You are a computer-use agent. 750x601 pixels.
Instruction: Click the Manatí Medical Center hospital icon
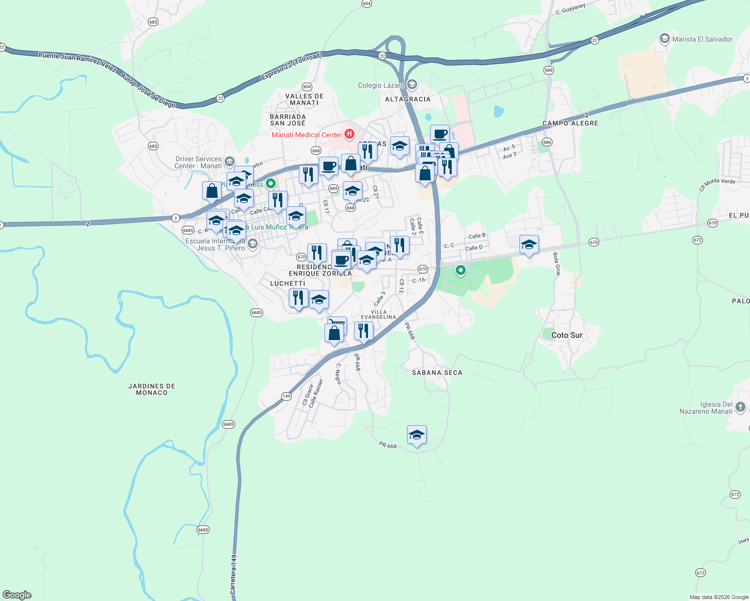pyautogui.click(x=349, y=134)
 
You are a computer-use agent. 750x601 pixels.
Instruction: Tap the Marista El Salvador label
pyautogui.click(x=702, y=39)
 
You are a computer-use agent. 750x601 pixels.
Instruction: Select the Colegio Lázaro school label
pyautogui.click(x=381, y=86)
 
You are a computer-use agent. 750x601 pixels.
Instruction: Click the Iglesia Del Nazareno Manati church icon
pyautogui.click(x=740, y=407)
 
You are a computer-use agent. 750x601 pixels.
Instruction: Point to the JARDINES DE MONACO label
pyautogui.click(x=151, y=389)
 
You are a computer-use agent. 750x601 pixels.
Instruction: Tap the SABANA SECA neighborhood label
pyautogui.click(x=437, y=373)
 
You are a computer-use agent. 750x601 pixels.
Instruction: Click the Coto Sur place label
pyautogui.click(x=567, y=335)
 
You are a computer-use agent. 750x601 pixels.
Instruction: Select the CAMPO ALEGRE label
pyautogui.click(x=570, y=123)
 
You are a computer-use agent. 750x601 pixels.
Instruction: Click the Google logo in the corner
pyautogui.click(x=17, y=595)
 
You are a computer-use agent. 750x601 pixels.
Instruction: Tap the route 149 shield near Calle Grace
pyautogui.click(x=286, y=396)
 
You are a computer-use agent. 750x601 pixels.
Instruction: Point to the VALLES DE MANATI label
pyautogui.click(x=304, y=99)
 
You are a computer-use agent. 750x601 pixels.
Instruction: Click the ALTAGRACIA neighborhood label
pyautogui.click(x=408, y=99)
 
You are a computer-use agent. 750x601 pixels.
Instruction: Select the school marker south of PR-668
pyautogui.click(x=417, y=435)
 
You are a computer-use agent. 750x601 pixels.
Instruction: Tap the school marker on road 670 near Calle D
pyautogui.click(x=529, y=244)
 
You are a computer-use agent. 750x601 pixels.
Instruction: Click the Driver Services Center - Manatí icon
pyautogui.click(x=230, y=161)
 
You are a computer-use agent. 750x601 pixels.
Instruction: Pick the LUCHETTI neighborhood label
pyautogui.click(x=288, y=283)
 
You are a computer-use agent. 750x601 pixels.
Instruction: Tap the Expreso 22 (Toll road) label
pyautogui.click(x=291, y=67)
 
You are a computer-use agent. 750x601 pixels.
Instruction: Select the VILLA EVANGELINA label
pyautogui.click(x=379, y=315)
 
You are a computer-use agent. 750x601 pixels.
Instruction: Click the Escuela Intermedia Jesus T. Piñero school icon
pyautogui.click(x=253, y=244)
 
